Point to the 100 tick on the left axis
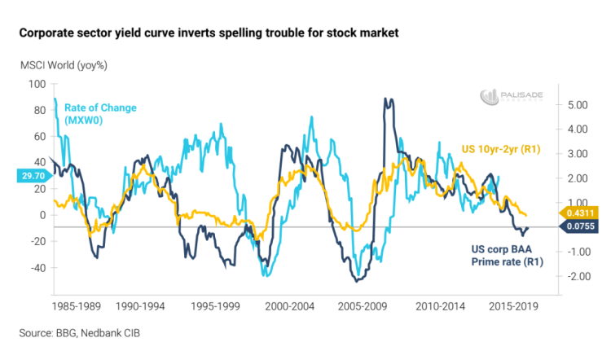[37, 84]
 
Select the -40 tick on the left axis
[36, 267]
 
